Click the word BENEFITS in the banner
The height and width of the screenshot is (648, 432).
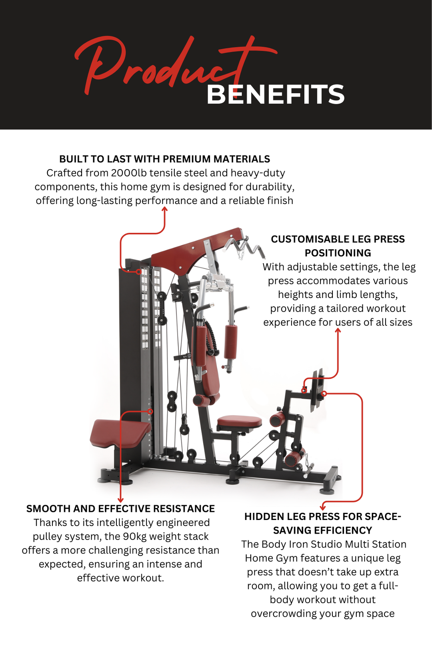pyautogui.click(x=275, y=95)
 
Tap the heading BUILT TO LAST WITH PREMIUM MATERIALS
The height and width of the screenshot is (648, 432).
pyautogui.click(x=164, y=159)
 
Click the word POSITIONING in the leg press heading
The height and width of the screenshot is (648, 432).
pyautogui.click(x=338, y=253)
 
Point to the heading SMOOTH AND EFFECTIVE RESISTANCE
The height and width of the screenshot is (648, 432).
pyautogui.click(x=120, y=509)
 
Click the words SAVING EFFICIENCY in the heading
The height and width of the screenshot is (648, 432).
pyautogui.click(x=322, y=530)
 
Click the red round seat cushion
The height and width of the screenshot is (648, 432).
pyautogui.click(x=239, y=421)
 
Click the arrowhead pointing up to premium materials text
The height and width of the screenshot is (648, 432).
pyautogui.click(x=164, y=209)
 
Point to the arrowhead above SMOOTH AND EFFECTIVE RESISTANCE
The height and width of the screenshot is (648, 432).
pyautogui.click(x=120, y=500)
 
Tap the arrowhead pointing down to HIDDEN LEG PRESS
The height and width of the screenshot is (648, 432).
pyautogui.click(x=323, y=507)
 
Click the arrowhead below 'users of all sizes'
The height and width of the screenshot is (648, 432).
pyautogui.click(x=338, y=330)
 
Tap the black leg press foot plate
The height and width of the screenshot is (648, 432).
pyautogui.click(x=318, y=390)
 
